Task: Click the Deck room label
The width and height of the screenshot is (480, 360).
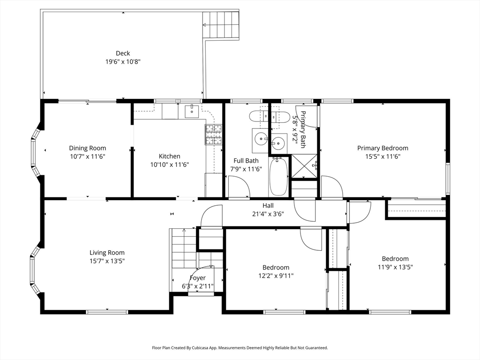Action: (x=123, y=53)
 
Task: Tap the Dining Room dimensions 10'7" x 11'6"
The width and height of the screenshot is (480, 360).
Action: (x=87, y=157)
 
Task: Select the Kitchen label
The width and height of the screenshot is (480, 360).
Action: (x=169, y=156)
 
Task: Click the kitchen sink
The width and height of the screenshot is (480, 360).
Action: (x=192, y=112)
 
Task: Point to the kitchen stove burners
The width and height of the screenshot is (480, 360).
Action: (x=213, y=135)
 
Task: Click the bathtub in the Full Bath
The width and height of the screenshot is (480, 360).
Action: (x=278, y=176)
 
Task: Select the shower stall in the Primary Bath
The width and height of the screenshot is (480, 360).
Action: (x=304, y=166)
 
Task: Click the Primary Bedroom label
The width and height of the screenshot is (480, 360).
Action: (x=382, y=148)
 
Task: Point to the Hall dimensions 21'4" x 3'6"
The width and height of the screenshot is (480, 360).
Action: (x=268, y=214)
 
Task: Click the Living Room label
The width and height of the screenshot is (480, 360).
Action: (x=107, y=253)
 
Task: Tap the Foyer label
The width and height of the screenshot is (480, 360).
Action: (x=197, y=278)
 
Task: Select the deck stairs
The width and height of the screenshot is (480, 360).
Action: (x=221, y=25)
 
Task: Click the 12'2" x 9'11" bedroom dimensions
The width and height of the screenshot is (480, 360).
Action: (x=276, y=276)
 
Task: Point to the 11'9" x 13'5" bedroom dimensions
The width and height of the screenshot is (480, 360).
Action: (x=395, y=267)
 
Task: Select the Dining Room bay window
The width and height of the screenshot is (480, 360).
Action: (x=36, y=153)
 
